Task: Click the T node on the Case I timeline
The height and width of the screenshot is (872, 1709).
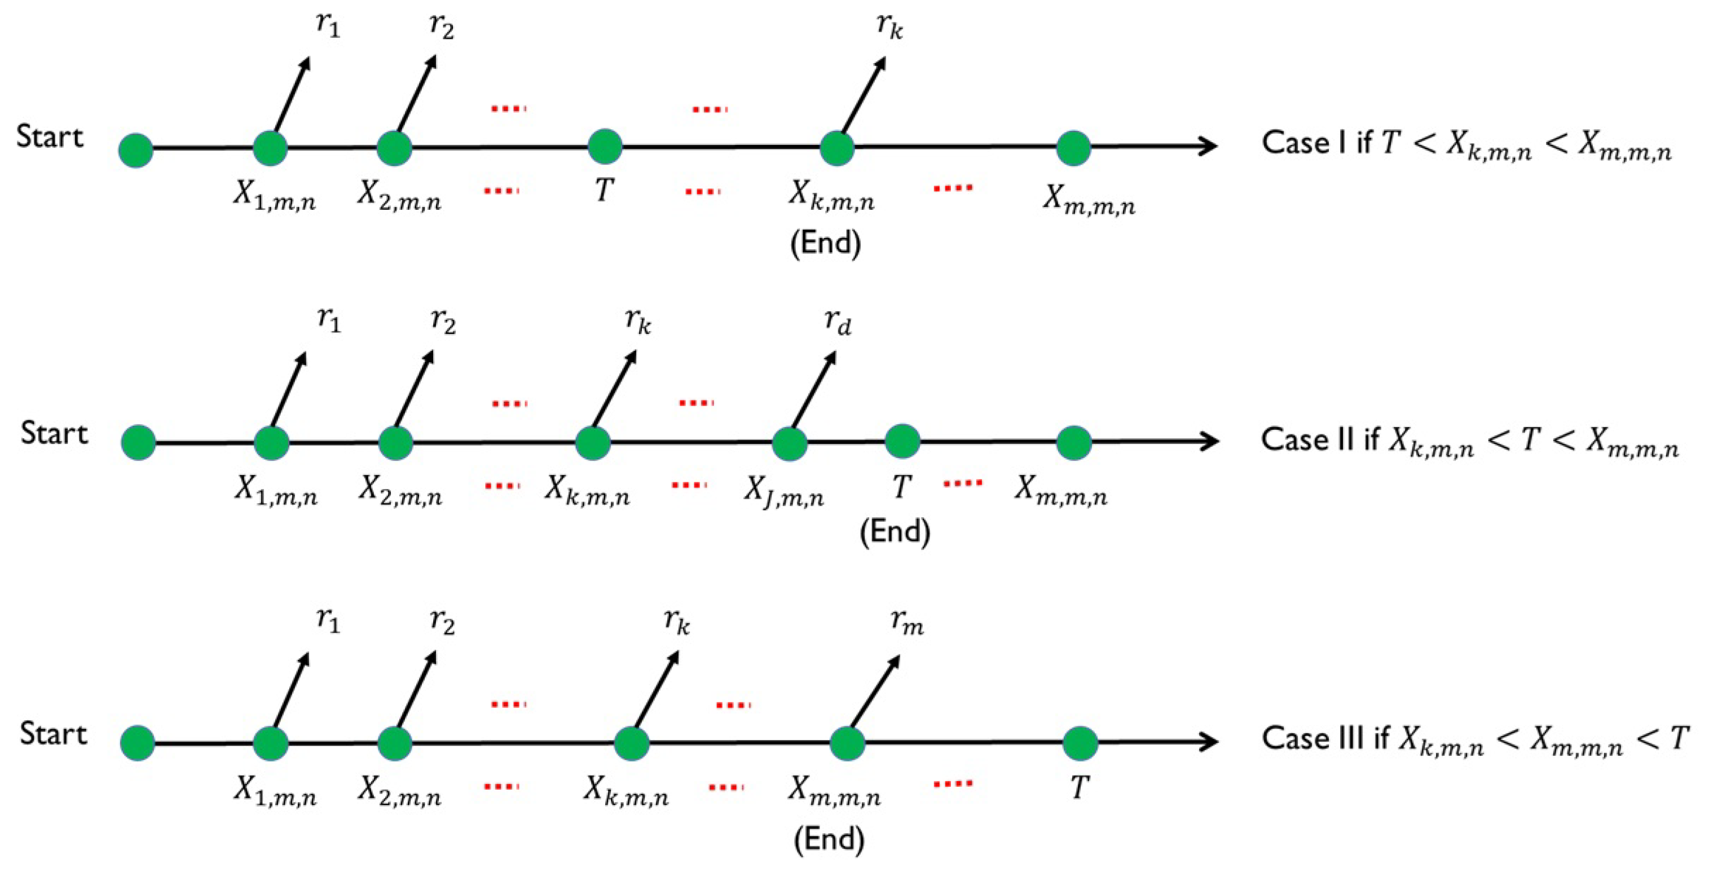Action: [x=605, y=147]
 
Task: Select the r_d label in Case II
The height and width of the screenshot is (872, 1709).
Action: [x=837, y=322]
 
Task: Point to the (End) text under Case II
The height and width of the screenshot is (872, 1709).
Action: [x=895, y=531]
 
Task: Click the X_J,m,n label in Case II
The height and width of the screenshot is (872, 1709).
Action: [x=783, y=492]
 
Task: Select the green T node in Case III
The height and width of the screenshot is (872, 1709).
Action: [x=1080, y=743]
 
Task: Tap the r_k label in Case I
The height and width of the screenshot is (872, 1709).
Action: [x=889, y=26]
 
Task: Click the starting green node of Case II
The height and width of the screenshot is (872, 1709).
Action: [x=138, y=443]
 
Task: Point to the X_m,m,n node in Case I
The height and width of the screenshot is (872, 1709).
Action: [x=1073, y=147]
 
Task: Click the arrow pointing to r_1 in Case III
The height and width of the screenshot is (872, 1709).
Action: [x=290, y=690]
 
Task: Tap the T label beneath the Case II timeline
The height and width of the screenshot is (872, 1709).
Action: [x=900, y=488]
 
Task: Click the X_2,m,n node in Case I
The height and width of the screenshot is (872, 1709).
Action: [x=394, y=147]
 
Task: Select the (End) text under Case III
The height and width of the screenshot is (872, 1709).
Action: [x=829, y=839]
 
